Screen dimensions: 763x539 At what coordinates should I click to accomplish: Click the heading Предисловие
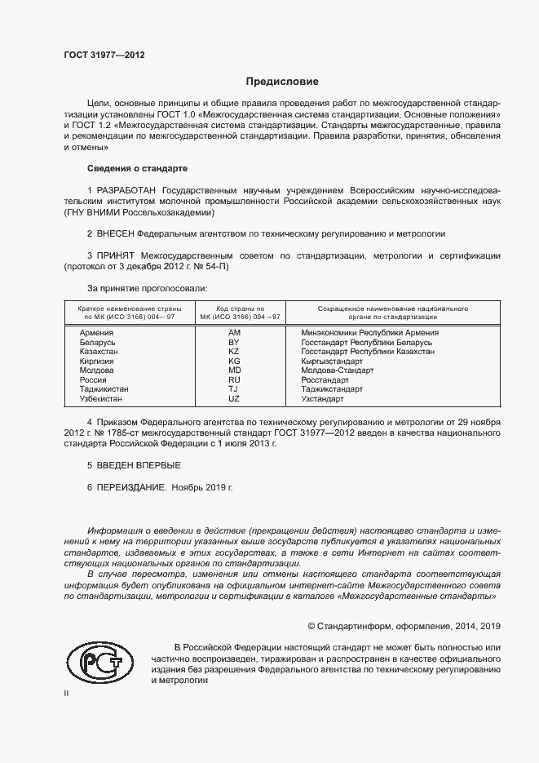pos(282,82)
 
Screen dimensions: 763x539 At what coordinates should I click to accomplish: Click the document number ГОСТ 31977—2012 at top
pos(104,55)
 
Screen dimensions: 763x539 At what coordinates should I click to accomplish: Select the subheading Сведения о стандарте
pos(137,168)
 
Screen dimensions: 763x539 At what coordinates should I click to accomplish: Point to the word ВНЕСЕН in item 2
pos(120,233)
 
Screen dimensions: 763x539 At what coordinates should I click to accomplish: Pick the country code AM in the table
pos(234,333)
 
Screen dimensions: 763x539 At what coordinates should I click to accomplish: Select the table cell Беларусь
pos(97,342)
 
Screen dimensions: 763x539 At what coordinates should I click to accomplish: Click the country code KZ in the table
pos(234,352)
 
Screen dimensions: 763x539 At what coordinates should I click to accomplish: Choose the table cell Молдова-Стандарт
pos(337,370)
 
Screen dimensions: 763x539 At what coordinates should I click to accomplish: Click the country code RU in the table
pos(234,379)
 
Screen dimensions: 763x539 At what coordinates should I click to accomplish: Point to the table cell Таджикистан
pos(104,389)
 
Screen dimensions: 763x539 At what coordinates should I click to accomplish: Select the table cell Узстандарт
pos(322,398)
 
